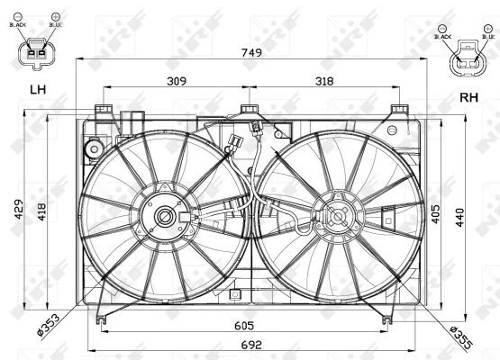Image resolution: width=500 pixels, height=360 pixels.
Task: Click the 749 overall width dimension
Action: (x=252, y=53)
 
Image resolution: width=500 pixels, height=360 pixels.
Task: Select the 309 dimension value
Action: (x=177, y=81)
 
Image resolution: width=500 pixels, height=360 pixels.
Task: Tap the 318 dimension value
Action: (x=325, y=81)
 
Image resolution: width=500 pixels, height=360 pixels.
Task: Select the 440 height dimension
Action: (x=459, y=217)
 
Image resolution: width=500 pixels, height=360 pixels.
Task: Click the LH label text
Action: (x=37, y=90)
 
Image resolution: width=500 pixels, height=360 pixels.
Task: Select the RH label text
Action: (x=468, y=97)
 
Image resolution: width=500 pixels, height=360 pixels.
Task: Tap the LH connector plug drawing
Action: (x=38, y=53)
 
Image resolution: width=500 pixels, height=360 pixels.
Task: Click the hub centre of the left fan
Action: (x=166, y=216)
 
